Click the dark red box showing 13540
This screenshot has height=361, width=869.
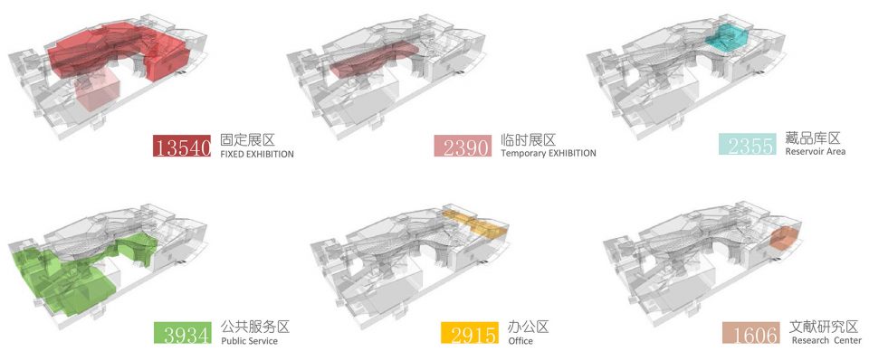click(182, 146)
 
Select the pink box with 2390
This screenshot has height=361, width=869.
click(463, 147)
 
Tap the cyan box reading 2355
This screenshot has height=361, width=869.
click(747, 144)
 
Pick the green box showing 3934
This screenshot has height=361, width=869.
click(182, 333)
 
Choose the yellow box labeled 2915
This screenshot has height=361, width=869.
click(470, 333)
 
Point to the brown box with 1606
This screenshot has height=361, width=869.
click(751, 333)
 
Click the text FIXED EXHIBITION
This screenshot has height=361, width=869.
click(257, 155)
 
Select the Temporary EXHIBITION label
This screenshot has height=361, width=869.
click(549, 154)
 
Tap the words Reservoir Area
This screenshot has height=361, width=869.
click(816, 151)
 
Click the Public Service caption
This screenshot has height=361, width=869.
click(250, 340)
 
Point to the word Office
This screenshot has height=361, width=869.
click(520, 340)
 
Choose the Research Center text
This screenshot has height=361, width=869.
click(826, 340)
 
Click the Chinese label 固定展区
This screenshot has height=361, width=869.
click(248, 139)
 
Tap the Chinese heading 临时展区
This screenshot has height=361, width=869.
click(528, 139)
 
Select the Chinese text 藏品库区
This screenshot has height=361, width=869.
click(813, 138)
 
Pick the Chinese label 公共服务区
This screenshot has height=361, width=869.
click(255, 327)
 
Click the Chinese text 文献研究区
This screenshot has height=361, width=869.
click(826, 326)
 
